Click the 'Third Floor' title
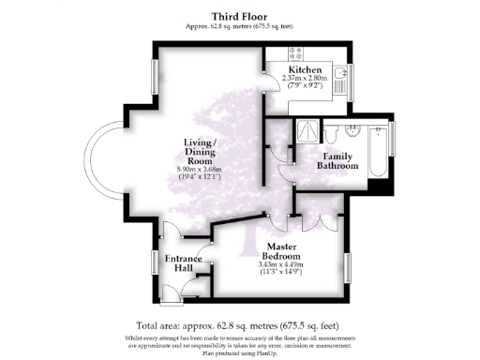239,17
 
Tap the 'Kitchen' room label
305,70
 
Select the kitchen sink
341,73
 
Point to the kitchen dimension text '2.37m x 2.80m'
305,80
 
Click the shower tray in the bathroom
306,131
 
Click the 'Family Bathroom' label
339,160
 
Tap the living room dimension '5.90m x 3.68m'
202,168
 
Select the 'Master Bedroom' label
280,251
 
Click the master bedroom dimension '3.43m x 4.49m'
280,264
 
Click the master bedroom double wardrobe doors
316,223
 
